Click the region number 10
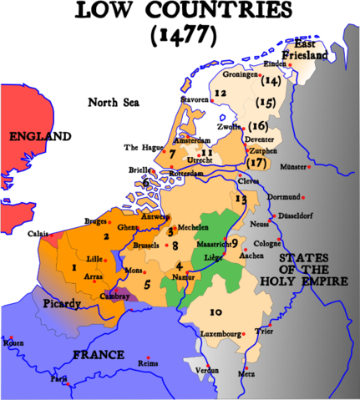[215, 311]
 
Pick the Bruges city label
[97, 221]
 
